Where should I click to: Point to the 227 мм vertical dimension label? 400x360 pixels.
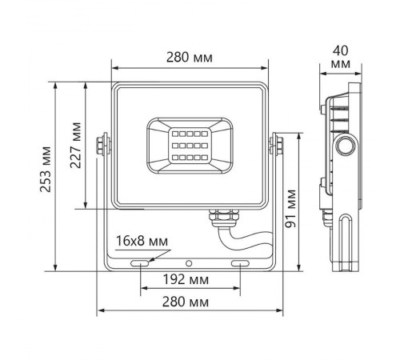[77, 146]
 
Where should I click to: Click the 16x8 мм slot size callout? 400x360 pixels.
[142, 241]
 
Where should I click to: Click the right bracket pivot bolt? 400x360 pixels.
[278, 144]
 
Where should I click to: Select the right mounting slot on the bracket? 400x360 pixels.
[240, 262]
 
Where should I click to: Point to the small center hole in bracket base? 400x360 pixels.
[190, 262]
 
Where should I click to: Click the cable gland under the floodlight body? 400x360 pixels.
[219, 215]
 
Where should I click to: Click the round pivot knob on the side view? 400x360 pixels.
[346, 145]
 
